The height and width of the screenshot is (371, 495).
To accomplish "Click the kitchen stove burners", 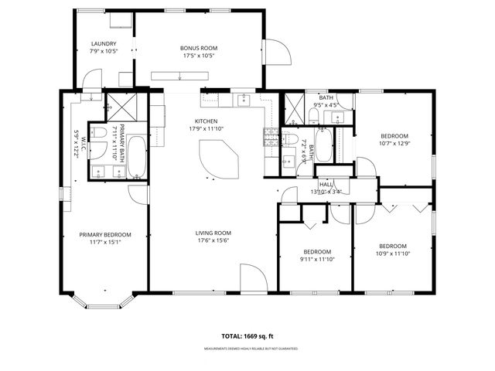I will point(271,138).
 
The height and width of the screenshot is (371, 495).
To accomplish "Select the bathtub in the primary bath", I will point(136,157).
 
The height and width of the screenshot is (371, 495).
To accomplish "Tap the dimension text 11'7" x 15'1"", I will point(106,242).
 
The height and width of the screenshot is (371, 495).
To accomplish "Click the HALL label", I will point(326,185).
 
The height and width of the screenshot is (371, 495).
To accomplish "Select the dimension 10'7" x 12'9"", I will point(394,143).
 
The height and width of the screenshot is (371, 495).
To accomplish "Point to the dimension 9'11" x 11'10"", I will point(317,260).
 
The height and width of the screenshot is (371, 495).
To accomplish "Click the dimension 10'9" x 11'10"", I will point(393,254).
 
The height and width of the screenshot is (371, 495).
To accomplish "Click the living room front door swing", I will point(251,277).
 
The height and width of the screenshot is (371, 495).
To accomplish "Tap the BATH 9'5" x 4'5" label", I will point(326,101).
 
